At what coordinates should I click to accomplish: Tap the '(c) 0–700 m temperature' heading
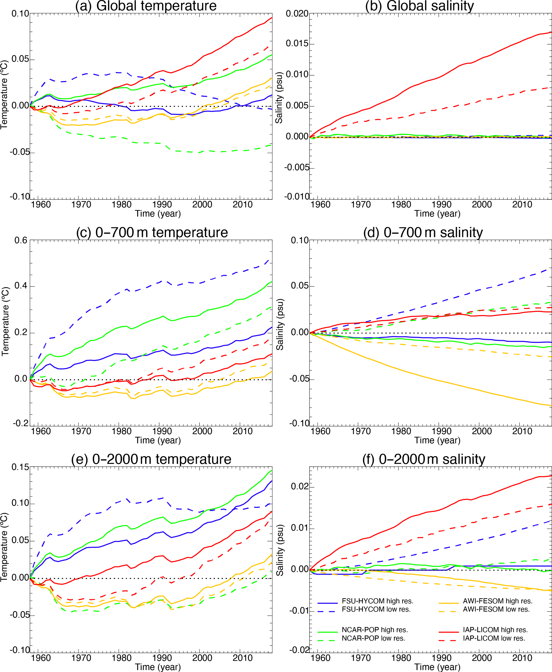(152, 232)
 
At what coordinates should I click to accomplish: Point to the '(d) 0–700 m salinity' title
(423, 232)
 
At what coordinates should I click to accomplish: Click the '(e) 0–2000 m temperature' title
(151, 459)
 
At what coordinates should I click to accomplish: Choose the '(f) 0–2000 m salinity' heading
(424, 459)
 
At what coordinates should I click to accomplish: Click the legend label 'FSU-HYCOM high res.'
(377, 601)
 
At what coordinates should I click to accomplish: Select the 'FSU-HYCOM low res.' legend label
(376, 609)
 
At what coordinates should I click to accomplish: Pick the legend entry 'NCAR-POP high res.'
(375, 630)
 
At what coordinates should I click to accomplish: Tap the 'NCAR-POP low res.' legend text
(373, 638)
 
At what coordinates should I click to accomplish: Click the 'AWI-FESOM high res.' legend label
(498, 601)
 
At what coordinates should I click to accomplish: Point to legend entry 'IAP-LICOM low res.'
(494, 638)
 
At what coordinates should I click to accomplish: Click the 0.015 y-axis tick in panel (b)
(297, 44)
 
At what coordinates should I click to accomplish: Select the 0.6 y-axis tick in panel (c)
(21, 240)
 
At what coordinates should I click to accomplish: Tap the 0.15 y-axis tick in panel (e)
(20, 467)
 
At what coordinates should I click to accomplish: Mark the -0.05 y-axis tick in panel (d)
(299, 379)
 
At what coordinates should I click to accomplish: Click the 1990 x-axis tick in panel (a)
(162, 205)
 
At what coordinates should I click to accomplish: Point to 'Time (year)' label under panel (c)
(158, 440)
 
